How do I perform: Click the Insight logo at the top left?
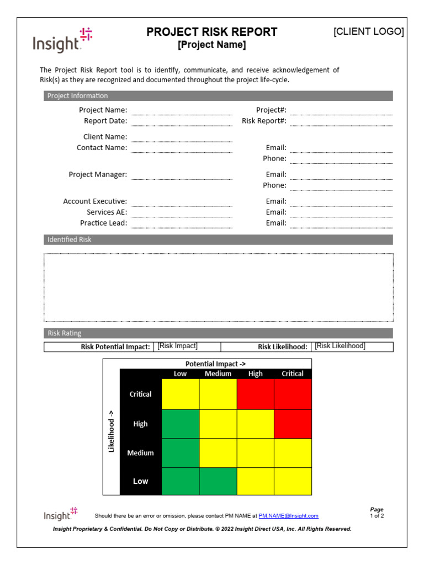[62, 40]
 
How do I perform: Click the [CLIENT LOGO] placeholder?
[368, 31]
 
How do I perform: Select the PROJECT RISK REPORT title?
[211, 32]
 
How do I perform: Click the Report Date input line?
[181, 121]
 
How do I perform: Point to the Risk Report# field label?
[264, 121]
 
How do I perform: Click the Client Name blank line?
[181, 137]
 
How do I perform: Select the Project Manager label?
[98, 174]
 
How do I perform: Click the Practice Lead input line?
[181, 223]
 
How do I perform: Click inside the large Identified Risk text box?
[218, 287]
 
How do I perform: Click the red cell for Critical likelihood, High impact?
[255, 394]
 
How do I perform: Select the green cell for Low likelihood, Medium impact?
[218, 481]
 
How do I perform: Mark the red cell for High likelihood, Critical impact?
[293, 424]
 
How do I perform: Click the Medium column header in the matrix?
[218, 374]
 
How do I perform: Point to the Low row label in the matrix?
[140, 481]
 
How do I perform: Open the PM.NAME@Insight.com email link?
[288, 516]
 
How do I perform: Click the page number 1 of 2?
[377, 516]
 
